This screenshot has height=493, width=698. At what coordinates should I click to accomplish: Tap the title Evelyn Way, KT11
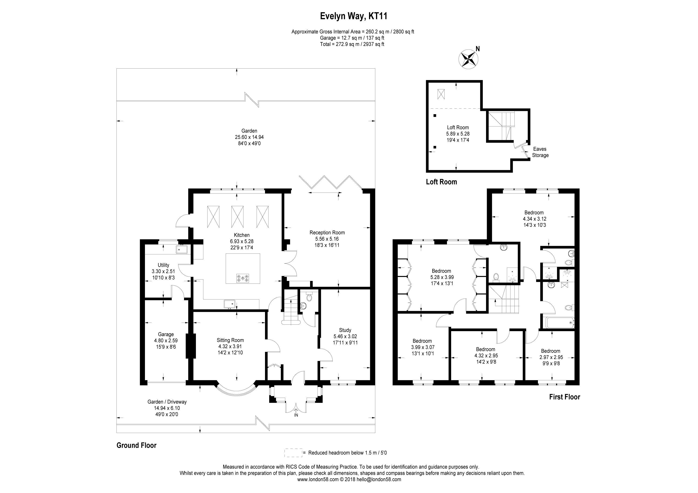[354, 16]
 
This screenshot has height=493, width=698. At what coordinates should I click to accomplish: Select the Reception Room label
[327, 233]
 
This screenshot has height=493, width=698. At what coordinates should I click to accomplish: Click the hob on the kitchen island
[243, 278]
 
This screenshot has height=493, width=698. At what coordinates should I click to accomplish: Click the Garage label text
[166, 334]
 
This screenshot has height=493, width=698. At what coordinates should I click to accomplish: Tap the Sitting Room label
[230, 340]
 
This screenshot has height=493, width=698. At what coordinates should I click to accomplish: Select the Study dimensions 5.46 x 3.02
[345, 336]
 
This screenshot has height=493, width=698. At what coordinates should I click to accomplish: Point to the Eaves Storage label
[540, 152]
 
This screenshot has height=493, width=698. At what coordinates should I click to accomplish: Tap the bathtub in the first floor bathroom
[560, 323]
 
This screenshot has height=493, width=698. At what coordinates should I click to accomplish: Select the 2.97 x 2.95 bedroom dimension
[550, 357]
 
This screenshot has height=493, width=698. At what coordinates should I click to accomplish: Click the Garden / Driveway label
[167, 402]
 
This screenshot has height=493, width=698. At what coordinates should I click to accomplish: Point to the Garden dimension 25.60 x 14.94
[249, 137]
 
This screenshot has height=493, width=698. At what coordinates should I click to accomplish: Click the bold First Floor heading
[564, 397]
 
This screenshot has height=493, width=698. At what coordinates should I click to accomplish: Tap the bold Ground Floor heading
[137, 445]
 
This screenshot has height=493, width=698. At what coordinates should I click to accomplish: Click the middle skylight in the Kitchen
[237, 217]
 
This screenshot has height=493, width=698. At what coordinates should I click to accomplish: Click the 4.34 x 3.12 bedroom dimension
[534, 219]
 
